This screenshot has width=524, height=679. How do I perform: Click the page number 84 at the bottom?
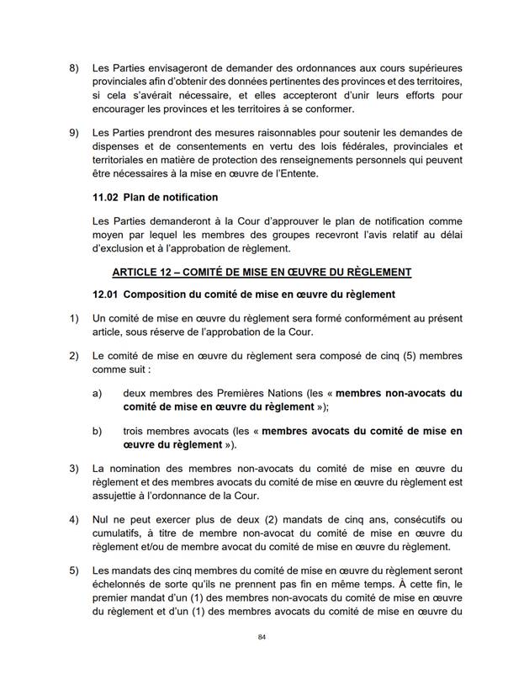tap(262, 639)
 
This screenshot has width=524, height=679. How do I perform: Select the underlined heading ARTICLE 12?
tap(262, 272)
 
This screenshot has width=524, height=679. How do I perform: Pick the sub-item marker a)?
tap(98, 393)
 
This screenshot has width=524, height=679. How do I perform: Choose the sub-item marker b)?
tap(98, 431)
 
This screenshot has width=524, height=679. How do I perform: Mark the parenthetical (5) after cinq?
tap(396, 356)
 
